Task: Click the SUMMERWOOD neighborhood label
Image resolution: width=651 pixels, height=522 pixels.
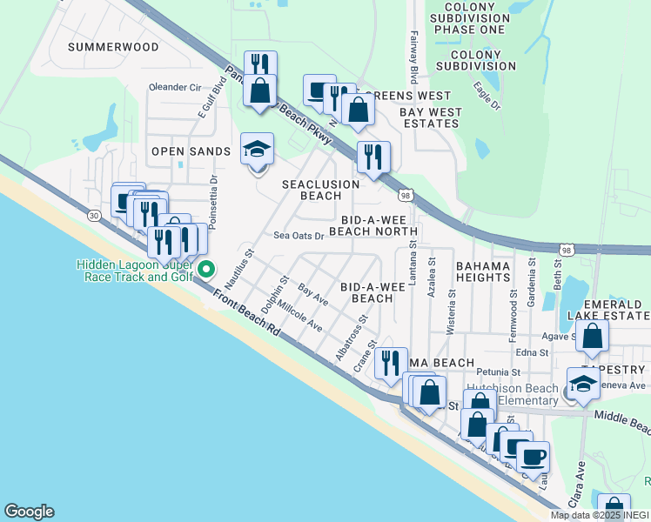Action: [113, 47]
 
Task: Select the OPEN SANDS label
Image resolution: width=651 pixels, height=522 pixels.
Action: [191, 151]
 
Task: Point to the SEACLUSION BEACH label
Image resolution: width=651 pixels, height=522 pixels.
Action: [320, 190]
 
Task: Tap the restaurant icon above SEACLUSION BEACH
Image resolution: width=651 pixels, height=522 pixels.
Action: [373, 158]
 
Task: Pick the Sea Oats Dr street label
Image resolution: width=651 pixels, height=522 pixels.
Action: [299, 235]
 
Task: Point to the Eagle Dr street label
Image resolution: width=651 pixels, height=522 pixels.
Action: [487, 95]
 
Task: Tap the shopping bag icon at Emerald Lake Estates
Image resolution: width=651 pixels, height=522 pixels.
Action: [591, 338]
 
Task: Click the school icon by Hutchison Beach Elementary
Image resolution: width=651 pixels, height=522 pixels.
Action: [582, 384]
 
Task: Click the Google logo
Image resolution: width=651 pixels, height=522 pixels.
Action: [29, 512]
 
